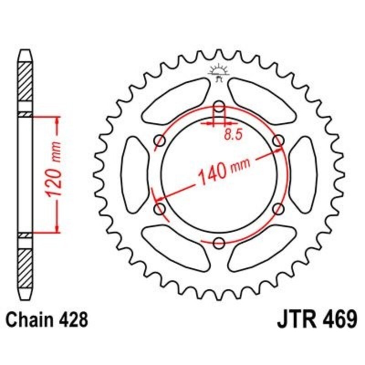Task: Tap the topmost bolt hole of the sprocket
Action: point(219,108)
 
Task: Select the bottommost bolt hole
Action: point(219,242)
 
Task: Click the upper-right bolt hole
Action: point(277,141)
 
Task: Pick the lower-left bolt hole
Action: point(160,209)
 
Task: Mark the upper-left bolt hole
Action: point(160,141)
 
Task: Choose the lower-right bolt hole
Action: point(277,209)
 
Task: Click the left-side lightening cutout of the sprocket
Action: point(136,175)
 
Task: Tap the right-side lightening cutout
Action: point(302,175)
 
